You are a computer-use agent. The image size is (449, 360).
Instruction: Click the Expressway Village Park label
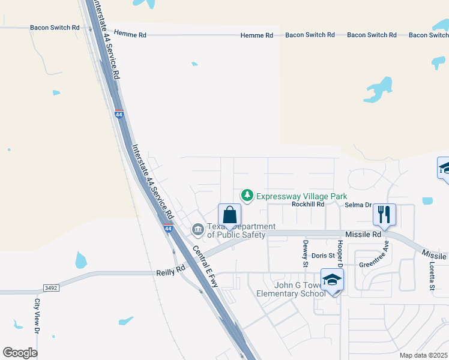click(302, 196)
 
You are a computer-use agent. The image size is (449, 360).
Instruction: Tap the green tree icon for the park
click(247, 196)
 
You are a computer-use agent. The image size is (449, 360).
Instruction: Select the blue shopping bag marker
click(229, 215)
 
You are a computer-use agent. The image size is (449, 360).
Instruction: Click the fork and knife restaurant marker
click(384, 214)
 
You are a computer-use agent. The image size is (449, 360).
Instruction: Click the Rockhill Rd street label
click(308, 204)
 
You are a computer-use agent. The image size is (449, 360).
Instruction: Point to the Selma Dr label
click(358, 205)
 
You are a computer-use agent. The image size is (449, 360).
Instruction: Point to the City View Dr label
click(37, 316)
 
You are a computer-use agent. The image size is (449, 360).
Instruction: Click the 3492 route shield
click(50, 288)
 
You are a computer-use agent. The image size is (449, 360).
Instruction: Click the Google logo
click(20, 353)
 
